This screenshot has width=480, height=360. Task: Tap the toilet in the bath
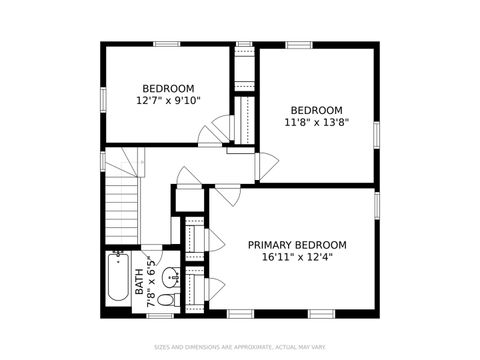tap(166, 298)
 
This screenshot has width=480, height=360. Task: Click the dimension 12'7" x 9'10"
tap(168, 100)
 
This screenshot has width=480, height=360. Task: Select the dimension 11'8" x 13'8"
tap(316, 123)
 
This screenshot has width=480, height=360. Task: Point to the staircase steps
tap(123, 205)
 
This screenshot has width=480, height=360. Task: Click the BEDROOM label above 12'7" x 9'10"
tap(168, 87)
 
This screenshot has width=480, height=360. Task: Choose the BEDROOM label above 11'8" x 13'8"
tap(316, 110)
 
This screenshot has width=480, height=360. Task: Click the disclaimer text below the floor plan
tap(240, 348)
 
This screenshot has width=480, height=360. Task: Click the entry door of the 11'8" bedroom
tap(265, 166)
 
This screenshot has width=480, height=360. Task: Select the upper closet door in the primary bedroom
tap(214, 240)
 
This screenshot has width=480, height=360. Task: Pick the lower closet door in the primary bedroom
tap(214, 290)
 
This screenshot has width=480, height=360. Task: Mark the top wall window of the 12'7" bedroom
tap(166, 43)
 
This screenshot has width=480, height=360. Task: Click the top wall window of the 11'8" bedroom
tap(299, 44)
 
